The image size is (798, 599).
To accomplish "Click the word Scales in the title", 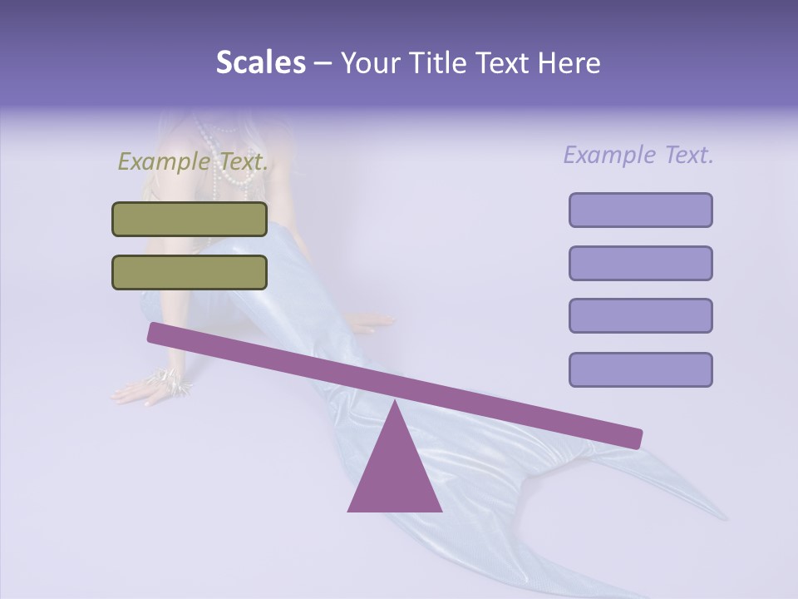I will pos(260,63).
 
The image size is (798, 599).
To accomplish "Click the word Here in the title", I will pos(568,63).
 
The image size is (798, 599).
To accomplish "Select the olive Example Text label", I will pos(193,161).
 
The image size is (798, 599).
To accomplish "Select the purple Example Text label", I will pos(638,155).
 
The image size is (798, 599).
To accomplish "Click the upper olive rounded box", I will pos(190,219).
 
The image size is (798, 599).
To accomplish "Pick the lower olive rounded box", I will pos(190,272).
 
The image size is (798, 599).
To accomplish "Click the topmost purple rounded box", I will pos(640,210).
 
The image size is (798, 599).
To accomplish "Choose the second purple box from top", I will pos(640,263).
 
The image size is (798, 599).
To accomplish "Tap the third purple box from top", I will pos(640,315).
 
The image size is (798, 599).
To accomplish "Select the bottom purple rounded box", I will pos(640,369).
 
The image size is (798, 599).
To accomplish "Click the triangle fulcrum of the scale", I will pos(394,474).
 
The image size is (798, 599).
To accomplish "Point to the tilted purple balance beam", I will pos(394,385).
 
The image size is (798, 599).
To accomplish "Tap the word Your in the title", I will pos(370,63).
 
